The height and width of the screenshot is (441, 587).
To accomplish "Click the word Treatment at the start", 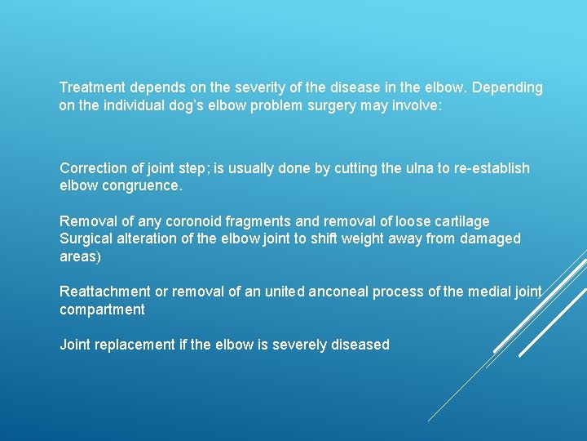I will [x=92, y=87].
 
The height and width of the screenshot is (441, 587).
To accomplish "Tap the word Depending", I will [x=510, y=87].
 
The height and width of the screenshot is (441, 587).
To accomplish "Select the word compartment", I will [x=102, y=310].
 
